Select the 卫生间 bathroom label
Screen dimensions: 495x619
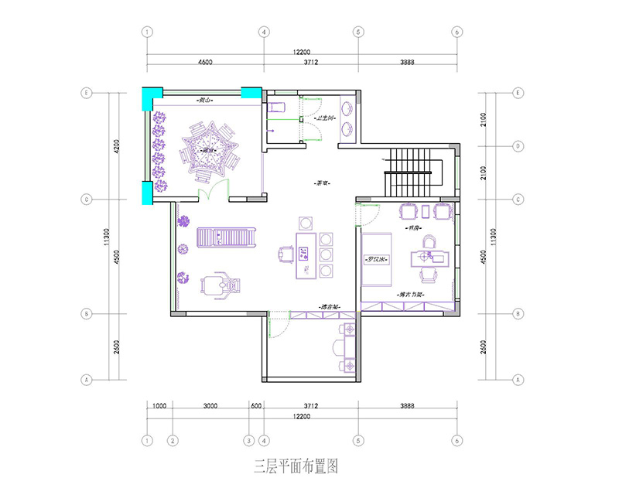click(x=326, y=118)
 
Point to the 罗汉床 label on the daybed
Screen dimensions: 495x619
click(x=377, y=260)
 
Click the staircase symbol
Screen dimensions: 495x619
click(x=411, y=174)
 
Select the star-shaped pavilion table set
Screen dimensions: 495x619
click(x=207, y=149)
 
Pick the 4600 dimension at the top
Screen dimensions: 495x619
click(x=205, y=61)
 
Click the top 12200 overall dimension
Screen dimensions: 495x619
click(x=302, y=51)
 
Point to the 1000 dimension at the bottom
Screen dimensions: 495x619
click(x=159, y=405)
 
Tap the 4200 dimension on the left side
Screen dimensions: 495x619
click(x=118, y=146)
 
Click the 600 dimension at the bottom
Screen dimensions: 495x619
click(x=256, y=405)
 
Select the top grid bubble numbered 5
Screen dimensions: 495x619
click(x=358, y=32)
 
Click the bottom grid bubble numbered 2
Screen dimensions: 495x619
click(x=173, y=440)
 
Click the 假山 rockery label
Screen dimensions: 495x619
click(x=205, y=101)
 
